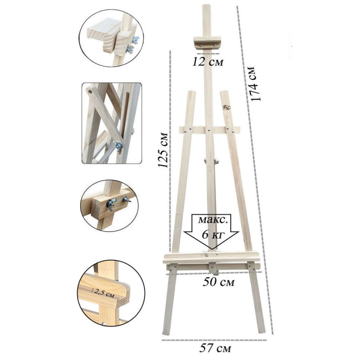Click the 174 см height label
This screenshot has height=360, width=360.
click(x=255, y=84)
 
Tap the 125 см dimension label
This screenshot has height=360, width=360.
click(x=163, y=150)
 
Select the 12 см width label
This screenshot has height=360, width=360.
click(x=208, y=62)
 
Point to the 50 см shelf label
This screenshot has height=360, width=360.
click(x=218, y=282)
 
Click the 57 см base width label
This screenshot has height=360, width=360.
click(x=215, y=348)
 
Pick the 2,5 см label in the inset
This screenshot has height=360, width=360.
click(x=105, y=293)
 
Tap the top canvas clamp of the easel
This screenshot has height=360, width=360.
click(x=207, y=43)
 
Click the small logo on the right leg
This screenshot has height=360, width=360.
click(x=227, y=108)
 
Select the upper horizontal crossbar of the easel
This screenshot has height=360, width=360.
click(x=210, y=130)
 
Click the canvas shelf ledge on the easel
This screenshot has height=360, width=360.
click(x=212, y=257)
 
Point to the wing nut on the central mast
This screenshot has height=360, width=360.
click(x=216, y=161)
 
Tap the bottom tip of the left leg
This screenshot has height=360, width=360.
click(x=166, y=334)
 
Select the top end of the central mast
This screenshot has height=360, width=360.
click(x=206, y=5)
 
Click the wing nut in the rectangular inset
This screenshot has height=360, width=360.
click(x=119, y=146)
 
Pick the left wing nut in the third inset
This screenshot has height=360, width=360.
click(x=111, y=204)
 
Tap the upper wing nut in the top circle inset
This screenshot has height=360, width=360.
click(x=135, y=40)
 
